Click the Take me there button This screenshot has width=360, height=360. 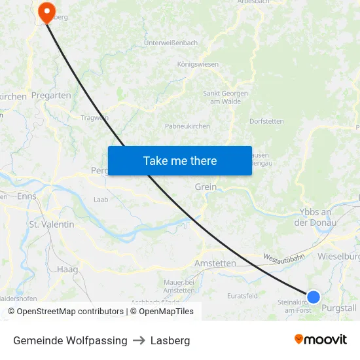coord(179,160)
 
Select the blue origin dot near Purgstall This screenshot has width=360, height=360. coord(314,297)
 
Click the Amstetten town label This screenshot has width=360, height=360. coord(215,263)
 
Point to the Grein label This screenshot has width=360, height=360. coord(206,187)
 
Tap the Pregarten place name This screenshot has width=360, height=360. coord(51,96)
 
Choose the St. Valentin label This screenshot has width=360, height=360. coord(52,224)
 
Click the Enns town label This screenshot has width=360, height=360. coord(27,196)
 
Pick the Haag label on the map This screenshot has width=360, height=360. coord(67,269)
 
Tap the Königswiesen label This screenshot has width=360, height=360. coord(198,65)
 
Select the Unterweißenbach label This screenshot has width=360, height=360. coord(171,43)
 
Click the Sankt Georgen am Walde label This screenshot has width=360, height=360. coord(226,97)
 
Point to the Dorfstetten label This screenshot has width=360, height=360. coord(266,121)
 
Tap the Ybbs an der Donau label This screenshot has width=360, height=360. coord(315,217)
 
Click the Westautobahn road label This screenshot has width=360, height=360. coord(284,259)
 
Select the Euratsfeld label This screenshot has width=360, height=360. coord(242,296)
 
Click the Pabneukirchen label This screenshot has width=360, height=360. coord(187,126)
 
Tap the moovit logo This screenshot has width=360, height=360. coord(321,340)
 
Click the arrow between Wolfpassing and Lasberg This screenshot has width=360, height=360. coord(139,340)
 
